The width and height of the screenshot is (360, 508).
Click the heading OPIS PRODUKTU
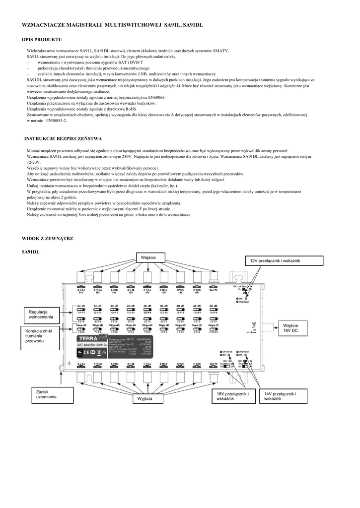click(42, 39)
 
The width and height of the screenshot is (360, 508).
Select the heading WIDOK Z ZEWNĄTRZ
click(47, 239)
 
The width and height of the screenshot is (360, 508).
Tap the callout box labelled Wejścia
click(148, 258)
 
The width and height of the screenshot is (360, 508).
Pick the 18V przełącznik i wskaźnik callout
click(232, 396)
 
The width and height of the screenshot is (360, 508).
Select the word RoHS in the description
click(130, 109)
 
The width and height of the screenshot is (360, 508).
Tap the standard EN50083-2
click(56, 120)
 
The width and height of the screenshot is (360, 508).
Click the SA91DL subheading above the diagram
click(30, 252)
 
